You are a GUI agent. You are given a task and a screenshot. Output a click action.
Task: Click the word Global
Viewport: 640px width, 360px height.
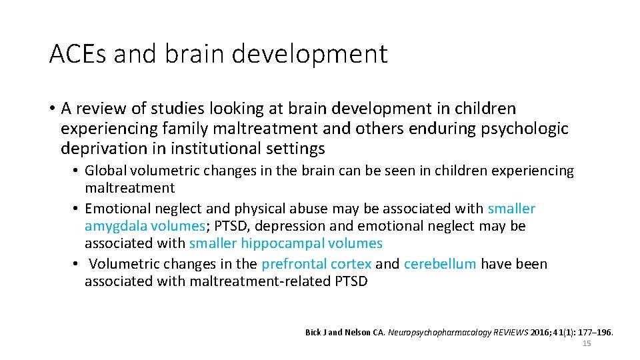(105, 171)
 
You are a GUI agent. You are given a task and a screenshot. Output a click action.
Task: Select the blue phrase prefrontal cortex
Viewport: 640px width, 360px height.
(316, 264)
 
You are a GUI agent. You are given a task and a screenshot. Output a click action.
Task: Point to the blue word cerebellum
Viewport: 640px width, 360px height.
(440, 264)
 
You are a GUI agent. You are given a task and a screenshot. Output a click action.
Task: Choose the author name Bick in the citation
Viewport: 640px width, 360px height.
(313, 332)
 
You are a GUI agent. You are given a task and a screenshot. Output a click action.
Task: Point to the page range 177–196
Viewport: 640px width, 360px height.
(597, 332)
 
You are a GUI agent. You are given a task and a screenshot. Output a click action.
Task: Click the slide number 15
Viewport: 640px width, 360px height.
(587, 343)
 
